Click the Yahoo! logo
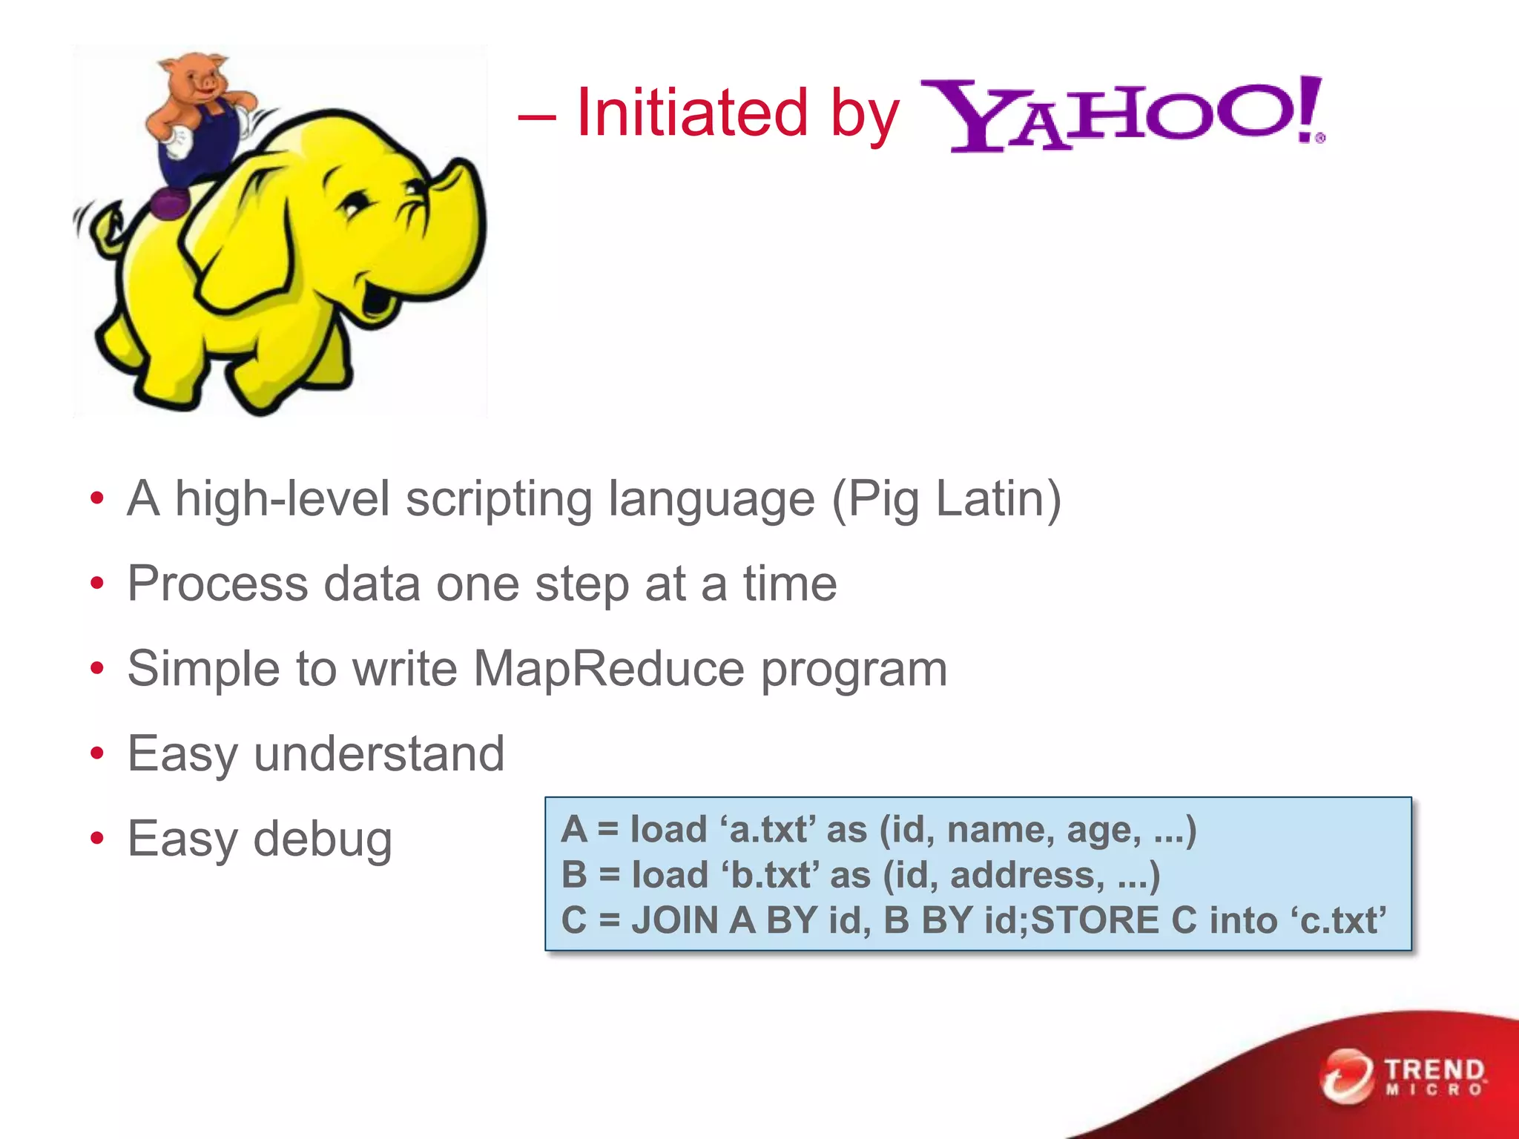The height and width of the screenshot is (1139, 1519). pos(1121,115)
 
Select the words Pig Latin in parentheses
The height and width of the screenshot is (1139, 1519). pos(946,498)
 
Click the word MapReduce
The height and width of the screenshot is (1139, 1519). pos(608,669)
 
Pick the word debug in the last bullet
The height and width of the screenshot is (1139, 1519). pos(323,839)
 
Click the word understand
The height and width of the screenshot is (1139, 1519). pos(379,754)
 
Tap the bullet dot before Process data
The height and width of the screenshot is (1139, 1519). pos(96,584)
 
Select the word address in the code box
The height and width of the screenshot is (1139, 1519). pos(1022,875)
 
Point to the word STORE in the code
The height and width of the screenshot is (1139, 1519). pos(1093,920)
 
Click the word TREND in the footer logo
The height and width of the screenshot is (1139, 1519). pos(1434,1070)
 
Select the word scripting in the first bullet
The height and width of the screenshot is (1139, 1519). pos(498,498)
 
